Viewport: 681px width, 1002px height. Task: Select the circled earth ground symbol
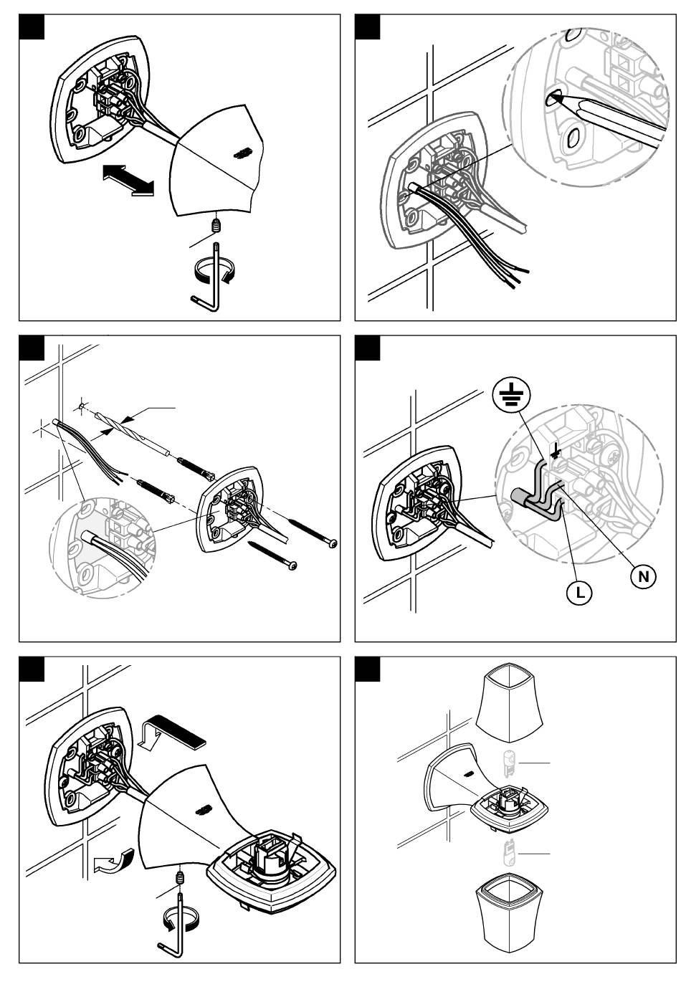[510, 393]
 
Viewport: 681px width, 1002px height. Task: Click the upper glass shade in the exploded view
[509, 706]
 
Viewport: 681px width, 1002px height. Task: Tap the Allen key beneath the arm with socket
[176, 925]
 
